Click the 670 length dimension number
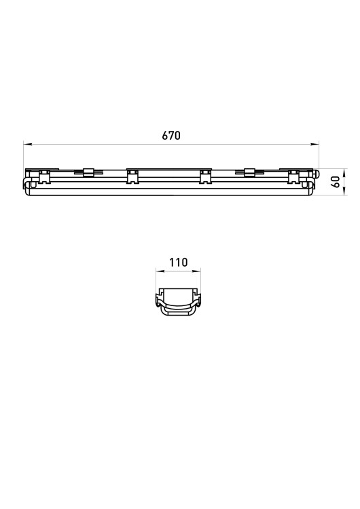pyautogui.click(x=171, y=135)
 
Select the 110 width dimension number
pyautogui.click(x=179, y=262)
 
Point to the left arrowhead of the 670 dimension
pyautogui.click(x=27, y=143)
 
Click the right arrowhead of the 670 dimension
pyautogui.click(x=315, y=143)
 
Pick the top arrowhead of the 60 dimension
pyautogui.click(x=344, y=172)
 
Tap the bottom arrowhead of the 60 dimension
pyautogui.click(x=344, y=191)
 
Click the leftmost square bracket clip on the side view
pyautogui.click(x=44, y=176)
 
